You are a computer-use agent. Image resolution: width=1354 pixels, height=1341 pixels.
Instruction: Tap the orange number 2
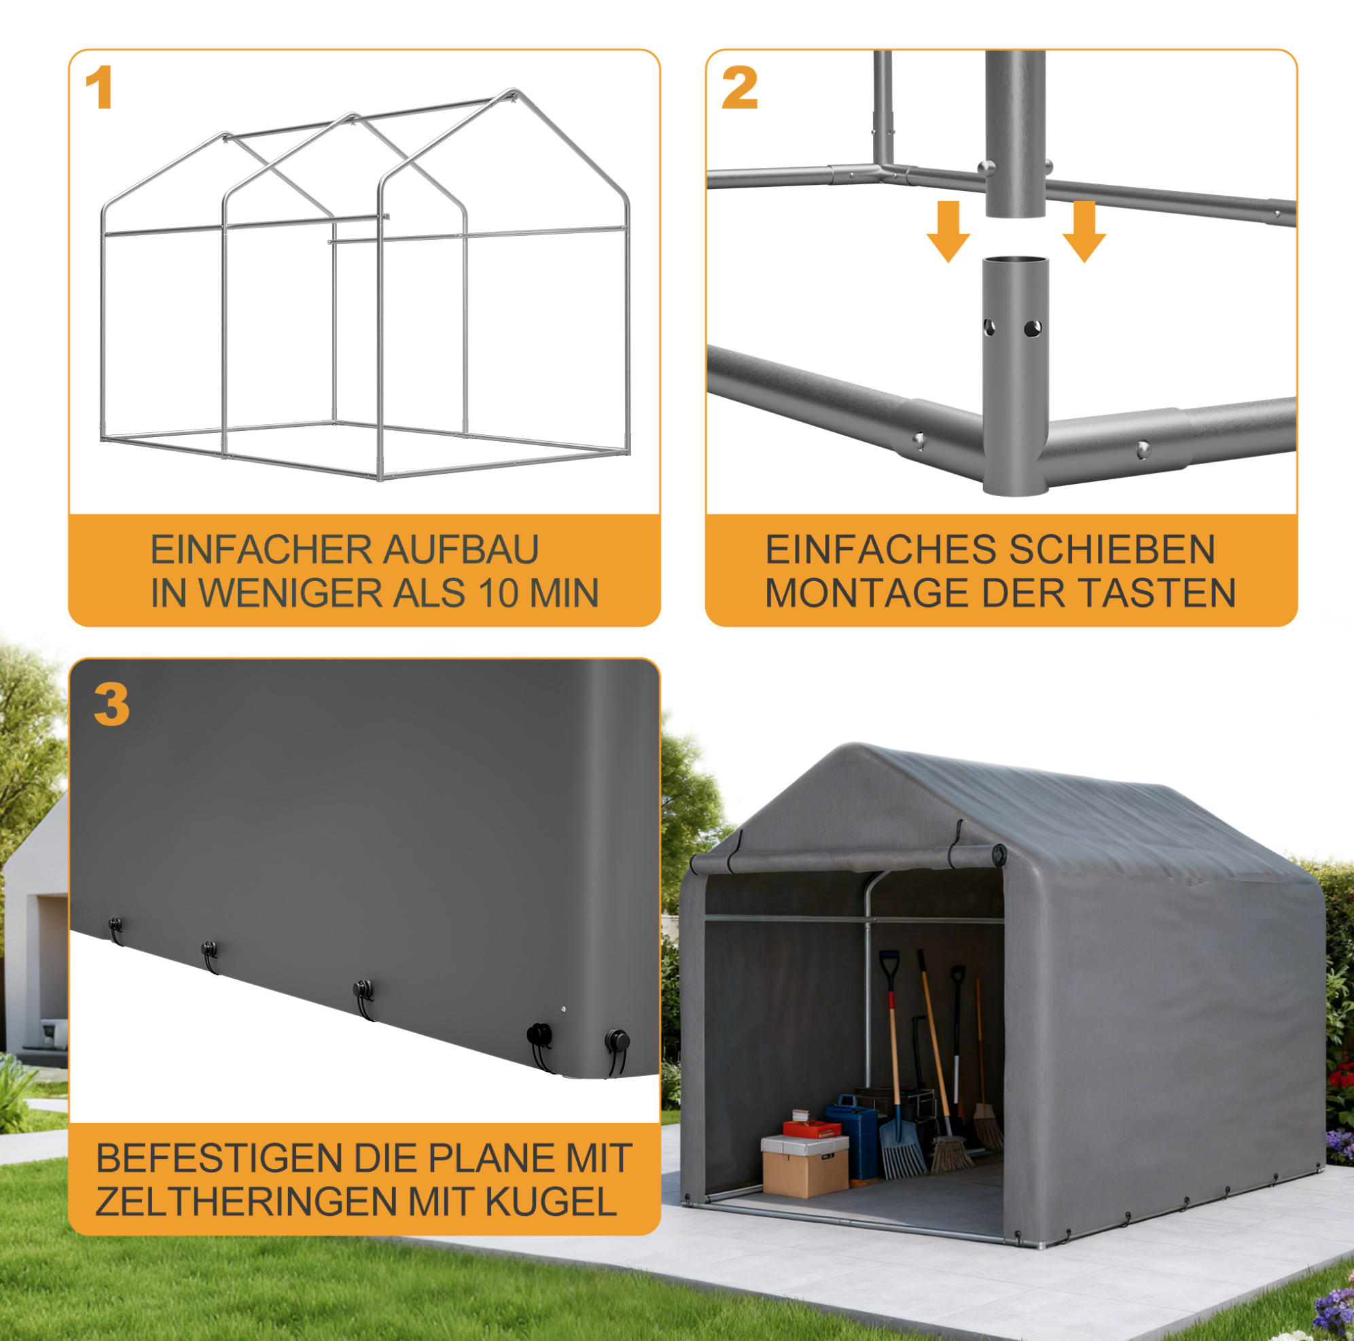click(740, 88)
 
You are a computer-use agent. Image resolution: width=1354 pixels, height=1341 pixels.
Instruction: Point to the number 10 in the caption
click(497, 593)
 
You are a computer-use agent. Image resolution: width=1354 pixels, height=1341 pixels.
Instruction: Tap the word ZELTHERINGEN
click(247, 1202)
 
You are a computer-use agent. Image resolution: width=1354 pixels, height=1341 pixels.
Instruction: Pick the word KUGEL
click(551, 1202)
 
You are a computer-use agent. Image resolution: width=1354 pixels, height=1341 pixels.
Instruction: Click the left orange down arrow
click(948, 231)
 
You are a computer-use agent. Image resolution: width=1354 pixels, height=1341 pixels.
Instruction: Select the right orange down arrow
click(1084, 231)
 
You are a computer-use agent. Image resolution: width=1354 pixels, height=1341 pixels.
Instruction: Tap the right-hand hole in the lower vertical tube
click(1033, 328)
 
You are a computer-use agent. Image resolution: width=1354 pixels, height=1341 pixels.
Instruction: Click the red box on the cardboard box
click(811, 1128)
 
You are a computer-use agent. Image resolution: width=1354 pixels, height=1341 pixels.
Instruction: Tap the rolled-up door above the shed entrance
click(848, 859)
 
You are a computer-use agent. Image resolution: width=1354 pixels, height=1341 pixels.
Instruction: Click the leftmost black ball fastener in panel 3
click(115, 925)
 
